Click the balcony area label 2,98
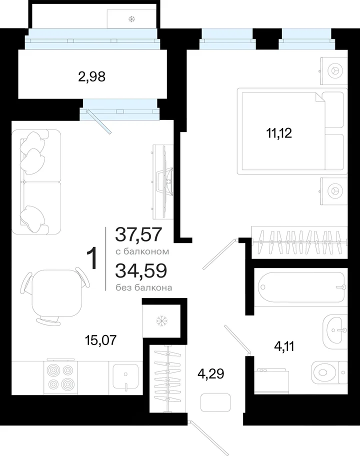point(91,77)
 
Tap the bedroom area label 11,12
point(279,133)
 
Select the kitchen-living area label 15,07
point(100,339)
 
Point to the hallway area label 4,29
point(211,373)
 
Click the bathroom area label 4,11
point(284,346)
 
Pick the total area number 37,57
point(138,234)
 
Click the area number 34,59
point(141,270)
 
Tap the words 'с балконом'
point(142,251)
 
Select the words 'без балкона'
point(144,287)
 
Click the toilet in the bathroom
point(329,372)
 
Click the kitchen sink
point(125,376)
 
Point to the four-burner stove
point(61,377)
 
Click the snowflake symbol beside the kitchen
point(160,321)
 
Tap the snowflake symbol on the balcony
point(131,19)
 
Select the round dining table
point(55,293)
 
